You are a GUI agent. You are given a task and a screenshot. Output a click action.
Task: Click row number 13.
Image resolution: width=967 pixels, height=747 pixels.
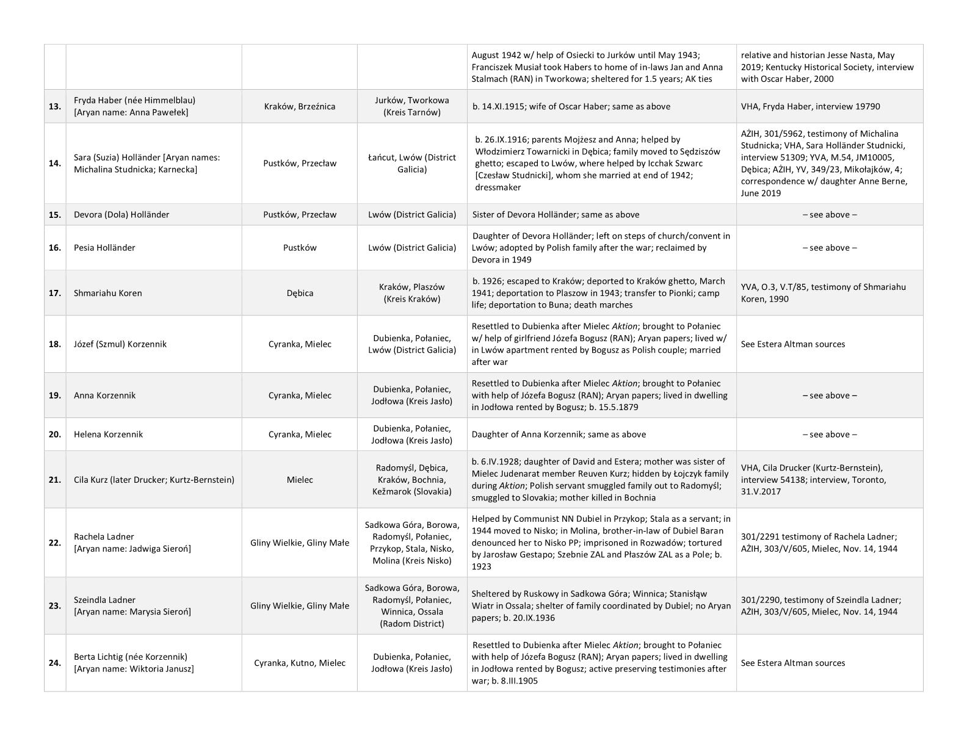pyautogui.click(x=55, y=107)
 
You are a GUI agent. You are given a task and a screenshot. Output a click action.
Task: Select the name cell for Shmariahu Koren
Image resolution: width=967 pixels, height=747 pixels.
pyautogui.click(x=108, y=293)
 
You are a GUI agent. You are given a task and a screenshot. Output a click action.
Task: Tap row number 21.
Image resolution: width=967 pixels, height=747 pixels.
pyautogui.click(x=55, y=480)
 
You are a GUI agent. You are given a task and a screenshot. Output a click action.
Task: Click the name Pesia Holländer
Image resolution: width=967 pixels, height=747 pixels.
pyautogui.click(x=104, y=248)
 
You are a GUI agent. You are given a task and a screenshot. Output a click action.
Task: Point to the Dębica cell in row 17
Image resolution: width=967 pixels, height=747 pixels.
pyautogui.click(x=300, y=293)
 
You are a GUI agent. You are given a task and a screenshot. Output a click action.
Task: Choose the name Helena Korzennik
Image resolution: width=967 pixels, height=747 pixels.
pyautogui.click(x=109, y=435)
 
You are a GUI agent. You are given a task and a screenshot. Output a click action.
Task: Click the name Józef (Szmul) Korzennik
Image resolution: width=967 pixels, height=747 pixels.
pyautogui.click(x=120, y=344)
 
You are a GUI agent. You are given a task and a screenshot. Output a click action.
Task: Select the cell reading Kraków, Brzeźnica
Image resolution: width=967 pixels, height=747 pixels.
pyautogui.click(x=300, y=106)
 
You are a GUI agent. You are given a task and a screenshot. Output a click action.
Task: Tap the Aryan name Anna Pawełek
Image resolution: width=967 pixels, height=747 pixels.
pyautogui.click(x=131, y=112)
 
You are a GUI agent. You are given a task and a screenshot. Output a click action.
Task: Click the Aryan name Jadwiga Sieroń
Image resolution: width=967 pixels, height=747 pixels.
pyautogui.click(x=132, y=549)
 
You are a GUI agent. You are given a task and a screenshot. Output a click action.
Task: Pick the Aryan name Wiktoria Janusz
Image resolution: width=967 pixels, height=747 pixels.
pyautogui.click(x=134, y=669)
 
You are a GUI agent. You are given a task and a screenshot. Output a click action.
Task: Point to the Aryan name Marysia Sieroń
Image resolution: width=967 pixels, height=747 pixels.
pyautogui.click(x=132, y=612)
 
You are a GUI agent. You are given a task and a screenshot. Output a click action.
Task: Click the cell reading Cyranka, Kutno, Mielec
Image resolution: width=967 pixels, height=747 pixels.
pyautogui.click(x=300, y=663)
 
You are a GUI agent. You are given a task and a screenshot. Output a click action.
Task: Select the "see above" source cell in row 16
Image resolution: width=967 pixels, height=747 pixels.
pyautogui.click(x=829, y=248)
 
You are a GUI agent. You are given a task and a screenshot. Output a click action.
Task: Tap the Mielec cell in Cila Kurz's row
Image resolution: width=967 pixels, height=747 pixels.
pyautogui.click(x=300, y=480)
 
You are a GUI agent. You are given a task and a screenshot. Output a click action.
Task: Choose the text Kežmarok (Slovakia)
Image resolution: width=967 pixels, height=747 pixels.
pyautogui.click(x=412, y=491)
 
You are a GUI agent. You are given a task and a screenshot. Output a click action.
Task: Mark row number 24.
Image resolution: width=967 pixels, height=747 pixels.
pyautogui.click(x=55, y=663)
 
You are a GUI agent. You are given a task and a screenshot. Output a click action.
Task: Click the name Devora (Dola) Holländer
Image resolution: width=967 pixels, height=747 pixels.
pyautogui.click(x=121, y=215)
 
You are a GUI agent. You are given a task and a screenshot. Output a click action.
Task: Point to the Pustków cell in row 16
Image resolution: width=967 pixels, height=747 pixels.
pyautogui.click(x=300, y=248)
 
